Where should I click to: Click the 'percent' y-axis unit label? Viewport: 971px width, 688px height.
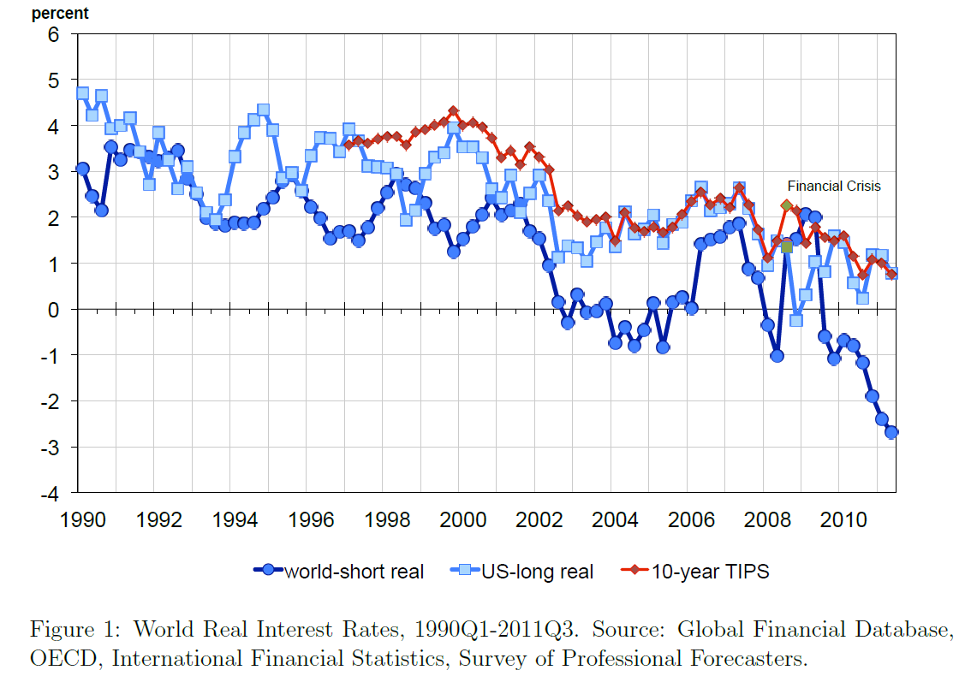click(x=59, y=14)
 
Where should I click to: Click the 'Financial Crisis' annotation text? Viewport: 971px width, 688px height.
click(x=833, y=186)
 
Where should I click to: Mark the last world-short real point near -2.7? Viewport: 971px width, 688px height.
click(x=891, y=432)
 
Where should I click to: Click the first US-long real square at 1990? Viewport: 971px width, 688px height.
click(x=82, y=93)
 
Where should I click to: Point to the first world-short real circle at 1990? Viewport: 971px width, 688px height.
click(x=82, y=169)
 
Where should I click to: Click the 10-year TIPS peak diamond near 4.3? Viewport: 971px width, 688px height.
click(x=454, y=111)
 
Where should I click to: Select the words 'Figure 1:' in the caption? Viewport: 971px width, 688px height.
click(x=67, y=631)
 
